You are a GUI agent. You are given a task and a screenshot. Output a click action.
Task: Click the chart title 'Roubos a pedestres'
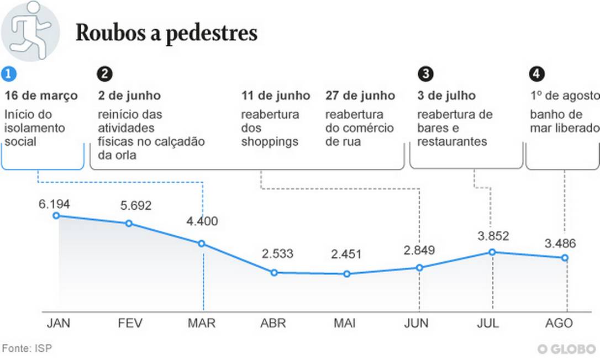coord(166,33)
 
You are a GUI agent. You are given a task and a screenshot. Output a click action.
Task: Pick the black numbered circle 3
coord(425,74)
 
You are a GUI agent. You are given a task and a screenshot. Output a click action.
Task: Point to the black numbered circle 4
coord(536,74)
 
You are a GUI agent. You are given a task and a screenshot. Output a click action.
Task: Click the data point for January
coord(56,215)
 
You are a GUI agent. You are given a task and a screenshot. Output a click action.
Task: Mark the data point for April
coord(274,272)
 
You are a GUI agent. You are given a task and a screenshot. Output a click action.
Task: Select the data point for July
coord(492,252)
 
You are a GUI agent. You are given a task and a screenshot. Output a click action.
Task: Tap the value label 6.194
coord(54,204)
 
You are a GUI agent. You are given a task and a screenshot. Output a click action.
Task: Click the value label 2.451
coord(346,255)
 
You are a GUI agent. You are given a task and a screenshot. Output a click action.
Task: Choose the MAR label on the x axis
coord(201,323)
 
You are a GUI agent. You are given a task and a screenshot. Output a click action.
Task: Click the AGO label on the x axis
coord(559,323)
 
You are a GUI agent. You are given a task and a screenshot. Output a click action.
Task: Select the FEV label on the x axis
coord(130,323)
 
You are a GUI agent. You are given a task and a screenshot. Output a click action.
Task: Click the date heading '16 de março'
coord(41,96)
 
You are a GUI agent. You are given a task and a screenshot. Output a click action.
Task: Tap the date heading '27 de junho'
coord(360,96)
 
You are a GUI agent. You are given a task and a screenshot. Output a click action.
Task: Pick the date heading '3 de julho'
coord(446,96)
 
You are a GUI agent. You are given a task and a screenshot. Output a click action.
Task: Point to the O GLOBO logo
coord(567,349)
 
